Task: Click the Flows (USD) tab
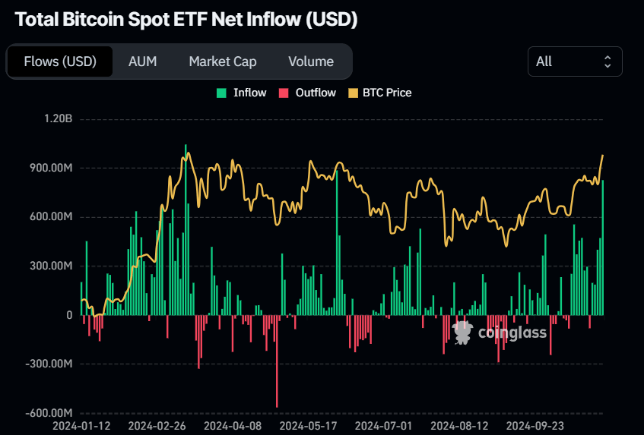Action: coord(60,61)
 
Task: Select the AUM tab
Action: coord(143,61)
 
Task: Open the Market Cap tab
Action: coord(223,61)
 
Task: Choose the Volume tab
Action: coord(311,61)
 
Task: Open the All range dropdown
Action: coord(575,61)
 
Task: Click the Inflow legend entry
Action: coord(242,93)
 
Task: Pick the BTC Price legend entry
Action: coord(380,93)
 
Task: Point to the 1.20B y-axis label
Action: coord(58,119)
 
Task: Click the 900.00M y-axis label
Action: coord(50,168)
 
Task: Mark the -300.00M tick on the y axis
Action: coord(48,364)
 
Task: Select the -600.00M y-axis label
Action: coord(48,413)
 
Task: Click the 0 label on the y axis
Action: coord(69,315)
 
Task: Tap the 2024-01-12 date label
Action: coord(81,426)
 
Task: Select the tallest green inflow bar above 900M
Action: coord(186,228)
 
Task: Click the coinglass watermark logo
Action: coord(499,332)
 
